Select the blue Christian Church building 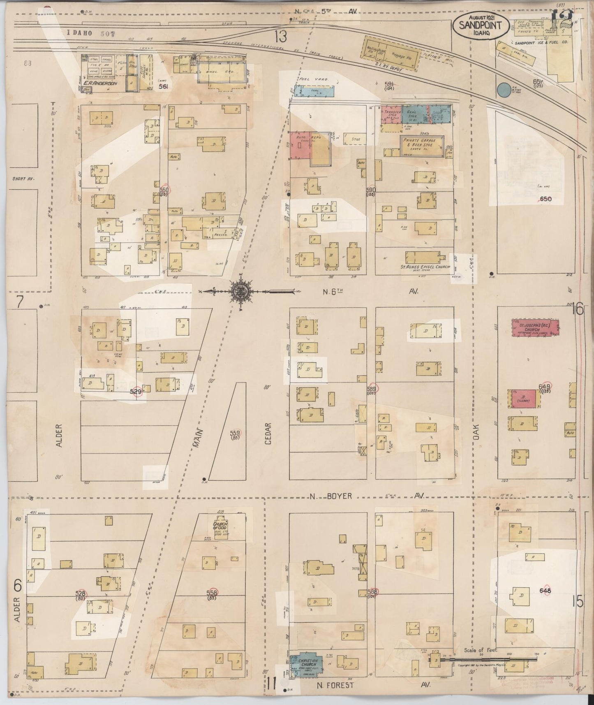[307, 665]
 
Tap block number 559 [235, 433]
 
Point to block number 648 [545, 591]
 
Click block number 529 [136, 392]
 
